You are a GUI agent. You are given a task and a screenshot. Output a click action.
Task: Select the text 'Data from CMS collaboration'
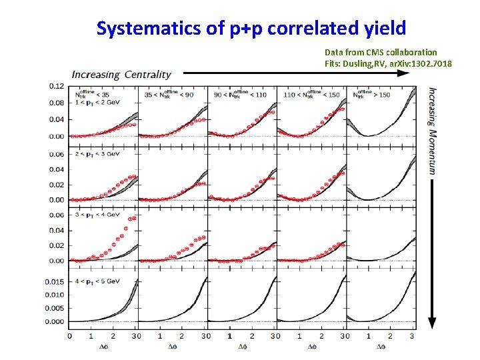(381, 52)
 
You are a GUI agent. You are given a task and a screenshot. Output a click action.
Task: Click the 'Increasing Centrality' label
(121, 75)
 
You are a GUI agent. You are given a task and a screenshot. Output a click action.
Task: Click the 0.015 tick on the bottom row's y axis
(55, 281)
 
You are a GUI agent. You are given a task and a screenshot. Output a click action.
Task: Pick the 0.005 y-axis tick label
(55, 308)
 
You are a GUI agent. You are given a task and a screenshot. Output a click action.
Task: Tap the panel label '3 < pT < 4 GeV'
(93, 215)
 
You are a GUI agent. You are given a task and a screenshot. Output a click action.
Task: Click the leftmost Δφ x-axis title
(104, 346)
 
